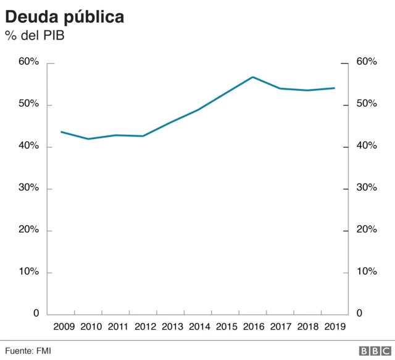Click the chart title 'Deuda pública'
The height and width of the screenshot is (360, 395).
(65, 17)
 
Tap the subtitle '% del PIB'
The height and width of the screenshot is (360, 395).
(35, 36)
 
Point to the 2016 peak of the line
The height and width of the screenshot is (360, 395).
(252, 77)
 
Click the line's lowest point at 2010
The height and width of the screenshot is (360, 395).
(88, 139)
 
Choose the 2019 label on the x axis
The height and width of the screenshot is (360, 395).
(334, 327)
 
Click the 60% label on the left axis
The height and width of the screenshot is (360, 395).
(28, 62)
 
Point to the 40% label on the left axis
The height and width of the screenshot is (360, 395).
(28, 146)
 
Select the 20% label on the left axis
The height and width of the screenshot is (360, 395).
(28, 230)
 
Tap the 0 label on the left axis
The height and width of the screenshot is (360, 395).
(35, 314)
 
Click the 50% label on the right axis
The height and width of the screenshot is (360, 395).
(367, 104)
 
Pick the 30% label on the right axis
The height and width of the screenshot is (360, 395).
(367, 188)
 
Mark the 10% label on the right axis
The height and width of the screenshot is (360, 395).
(367, 272)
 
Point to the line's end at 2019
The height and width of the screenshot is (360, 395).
(335, 88)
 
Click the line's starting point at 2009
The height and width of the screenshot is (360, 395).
(61, 132)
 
